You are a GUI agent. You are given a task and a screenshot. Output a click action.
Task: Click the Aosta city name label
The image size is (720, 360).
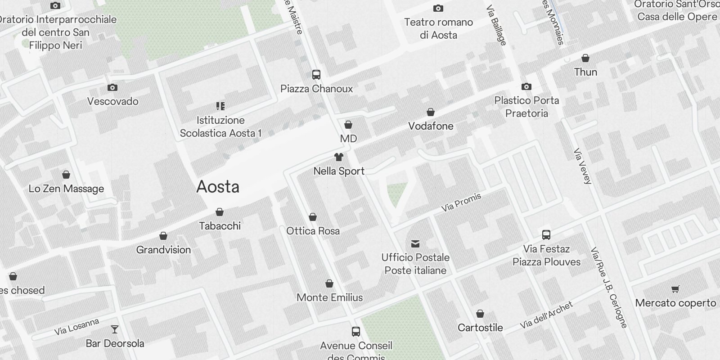pyautogui.click(x=218, y=187)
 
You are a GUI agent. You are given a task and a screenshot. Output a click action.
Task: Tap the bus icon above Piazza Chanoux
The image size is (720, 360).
pyautogui.click(x=316, y=75)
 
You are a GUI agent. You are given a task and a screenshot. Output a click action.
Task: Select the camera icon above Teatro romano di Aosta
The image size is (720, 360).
pyautogui.click(x=438, y=8)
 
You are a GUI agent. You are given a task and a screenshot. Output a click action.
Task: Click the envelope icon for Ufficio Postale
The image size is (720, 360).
pyautogui.click(x=415, y=244)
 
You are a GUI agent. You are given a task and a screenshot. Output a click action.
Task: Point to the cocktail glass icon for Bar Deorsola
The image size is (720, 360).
pyautogui.click(x=115, y=329)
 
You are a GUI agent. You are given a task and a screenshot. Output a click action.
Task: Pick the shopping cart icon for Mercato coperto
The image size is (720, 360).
pyautogui.click(x=675, y=289)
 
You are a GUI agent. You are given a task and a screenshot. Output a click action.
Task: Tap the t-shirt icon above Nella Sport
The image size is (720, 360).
pyautogui.click(x=339, y=157)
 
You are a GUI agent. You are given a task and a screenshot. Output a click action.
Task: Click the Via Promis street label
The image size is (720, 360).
pyautogui.click(x=461, y=202)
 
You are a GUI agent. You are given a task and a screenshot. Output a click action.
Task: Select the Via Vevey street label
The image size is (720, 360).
pyautogui.click(x=582, y=166)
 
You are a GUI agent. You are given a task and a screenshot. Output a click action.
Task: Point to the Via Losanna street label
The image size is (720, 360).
pyautogui.click(x=76, y=327)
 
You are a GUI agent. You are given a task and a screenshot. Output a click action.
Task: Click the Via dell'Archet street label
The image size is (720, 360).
pyautogui.click(x=546, y=315)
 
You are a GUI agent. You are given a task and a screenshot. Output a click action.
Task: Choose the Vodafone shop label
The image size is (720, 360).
pyautogui.click(x=431, y=126)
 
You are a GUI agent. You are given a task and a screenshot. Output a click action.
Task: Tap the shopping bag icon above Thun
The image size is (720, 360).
pyautogui.click(x=585, y=58)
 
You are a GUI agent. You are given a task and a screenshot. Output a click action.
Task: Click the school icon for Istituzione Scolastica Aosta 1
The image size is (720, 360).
pyautogui.click(x=220, y=106)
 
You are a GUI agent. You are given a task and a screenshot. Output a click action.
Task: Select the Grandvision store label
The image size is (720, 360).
pyautogui.click(x=163, y=250)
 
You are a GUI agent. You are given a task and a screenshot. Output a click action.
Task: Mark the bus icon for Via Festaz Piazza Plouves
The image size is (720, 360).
pyautogui.click(x=546, y=234)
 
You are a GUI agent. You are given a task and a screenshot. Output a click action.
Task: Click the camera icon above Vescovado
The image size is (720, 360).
pyautogui.click(x=112, y=87)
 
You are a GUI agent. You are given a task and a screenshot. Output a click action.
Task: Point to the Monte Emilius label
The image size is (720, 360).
pyautogui.click(x=329, y=297)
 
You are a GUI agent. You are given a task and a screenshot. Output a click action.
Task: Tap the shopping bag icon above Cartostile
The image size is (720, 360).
pyautogui.click(x=480, y=314)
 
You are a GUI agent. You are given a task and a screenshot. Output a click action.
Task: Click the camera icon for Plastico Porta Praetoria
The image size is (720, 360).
pyautogui.click(x=526, y=86)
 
